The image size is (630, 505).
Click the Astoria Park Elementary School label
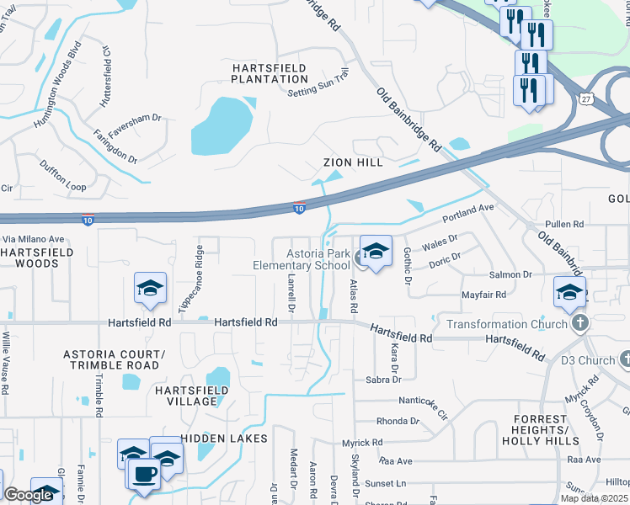click(301, 259)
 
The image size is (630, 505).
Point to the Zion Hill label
click(353, 162)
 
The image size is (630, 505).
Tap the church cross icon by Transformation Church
click(579, 323)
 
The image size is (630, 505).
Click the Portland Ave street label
click(469, 214)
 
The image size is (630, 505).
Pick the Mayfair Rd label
click(483, 295)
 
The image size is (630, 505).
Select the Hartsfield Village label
click(185, 396)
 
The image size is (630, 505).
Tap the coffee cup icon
click(144, 472)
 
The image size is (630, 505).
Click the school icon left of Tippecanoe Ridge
click(150, 289)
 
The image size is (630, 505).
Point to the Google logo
click(28, 496)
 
